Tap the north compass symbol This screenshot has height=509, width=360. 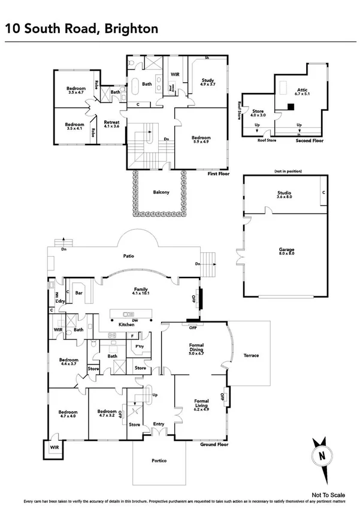[322, 454]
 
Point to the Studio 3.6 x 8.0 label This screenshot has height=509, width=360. [284, 194]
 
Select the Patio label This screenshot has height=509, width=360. [128, 256]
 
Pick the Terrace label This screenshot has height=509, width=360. [251, 356]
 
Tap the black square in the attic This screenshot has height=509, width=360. [291, 107]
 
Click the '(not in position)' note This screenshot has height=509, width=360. [285, 171]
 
